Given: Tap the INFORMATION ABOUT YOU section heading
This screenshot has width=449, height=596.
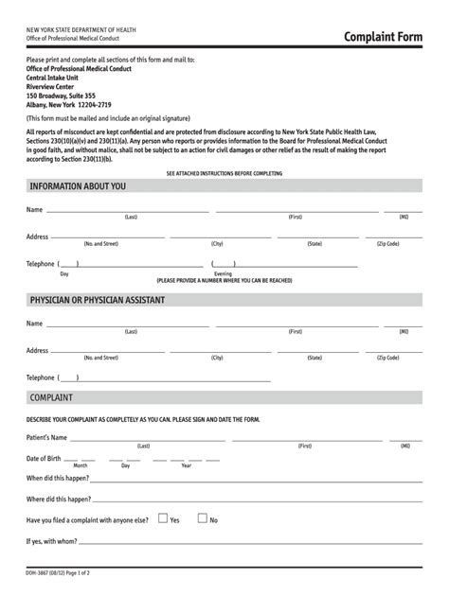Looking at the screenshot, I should (78, 186).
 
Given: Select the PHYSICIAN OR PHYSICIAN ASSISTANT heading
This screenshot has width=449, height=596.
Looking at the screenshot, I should (98, 300).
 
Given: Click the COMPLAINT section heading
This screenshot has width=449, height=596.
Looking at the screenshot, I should (51, 397).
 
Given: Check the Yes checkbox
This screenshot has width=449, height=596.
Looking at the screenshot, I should (163, 518).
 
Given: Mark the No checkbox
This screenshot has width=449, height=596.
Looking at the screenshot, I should (202, 518).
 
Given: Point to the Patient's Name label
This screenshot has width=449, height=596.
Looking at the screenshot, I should (47, 438).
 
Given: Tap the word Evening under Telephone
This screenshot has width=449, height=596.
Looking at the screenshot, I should (223, 273).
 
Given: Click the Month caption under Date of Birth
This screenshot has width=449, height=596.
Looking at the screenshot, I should (81, 465).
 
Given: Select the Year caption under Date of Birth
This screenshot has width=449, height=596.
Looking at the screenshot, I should (186, 465).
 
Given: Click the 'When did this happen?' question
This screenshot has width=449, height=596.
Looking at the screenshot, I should (59, 478).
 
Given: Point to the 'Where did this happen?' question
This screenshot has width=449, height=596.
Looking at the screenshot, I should (59, 499).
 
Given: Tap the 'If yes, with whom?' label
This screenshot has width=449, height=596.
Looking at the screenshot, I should (53, 542).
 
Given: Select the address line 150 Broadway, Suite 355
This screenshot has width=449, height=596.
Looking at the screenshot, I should (62, 96).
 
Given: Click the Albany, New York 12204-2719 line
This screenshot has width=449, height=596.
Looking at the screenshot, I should (68, 104).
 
